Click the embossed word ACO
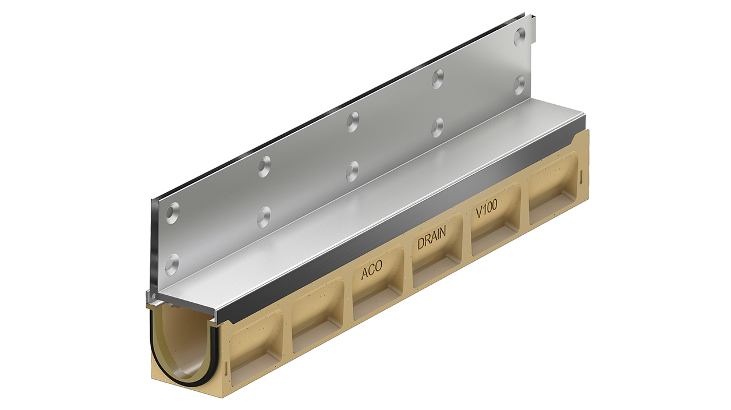(x=371, y=271)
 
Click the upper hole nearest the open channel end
(x=172, y=214)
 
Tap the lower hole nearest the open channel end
(x=172, y=264)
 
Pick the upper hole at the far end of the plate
(x=519, y=36)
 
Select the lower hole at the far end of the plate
(x=519, y=85)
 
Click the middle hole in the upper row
(x=353, y=121)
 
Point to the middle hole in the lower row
(x=352, y=171)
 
